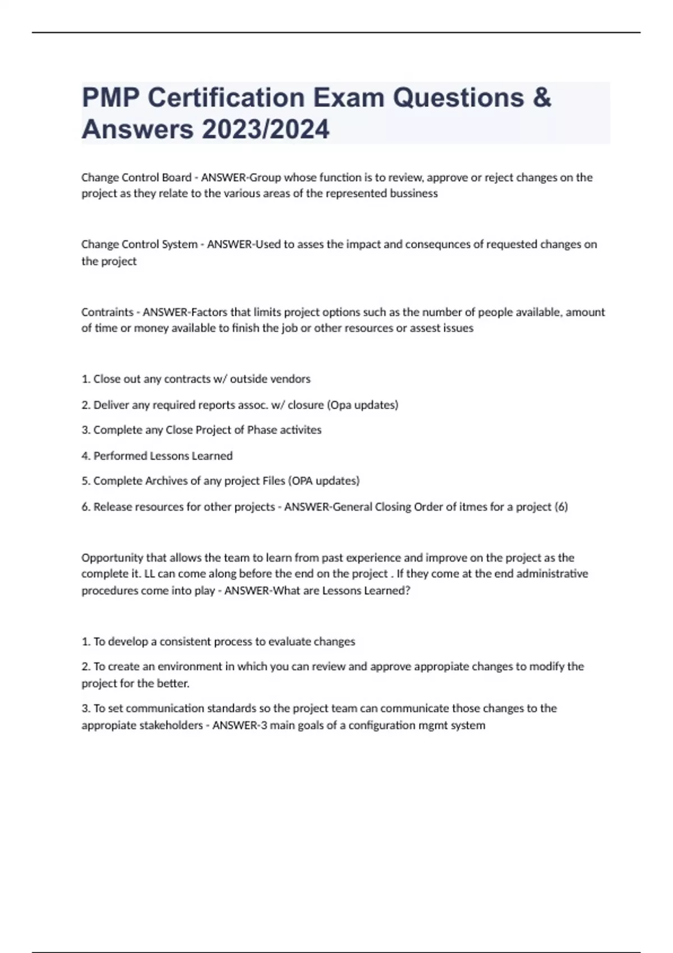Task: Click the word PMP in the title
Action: (110, 98)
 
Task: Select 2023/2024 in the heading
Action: (265, 129)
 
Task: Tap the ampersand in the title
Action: (542, 98)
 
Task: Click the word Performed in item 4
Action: (117, 456)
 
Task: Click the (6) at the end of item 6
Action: (561, 507)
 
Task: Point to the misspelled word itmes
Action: (474, 507)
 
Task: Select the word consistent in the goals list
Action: (186, 641)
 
